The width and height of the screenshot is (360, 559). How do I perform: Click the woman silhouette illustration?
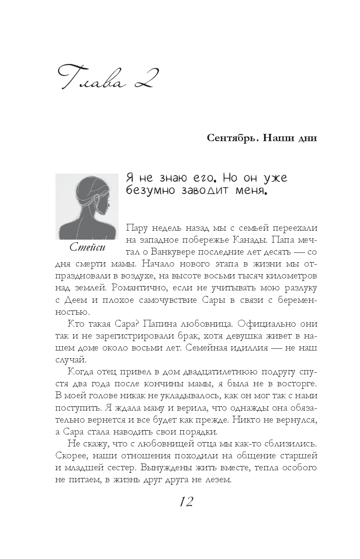[87, 206]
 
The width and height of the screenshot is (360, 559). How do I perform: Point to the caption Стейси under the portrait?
[87, 247]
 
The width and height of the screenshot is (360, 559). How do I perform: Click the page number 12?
[186, 501]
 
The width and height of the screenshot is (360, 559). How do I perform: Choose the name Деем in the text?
[75, 300]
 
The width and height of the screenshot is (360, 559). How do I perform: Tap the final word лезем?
[217, 480]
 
